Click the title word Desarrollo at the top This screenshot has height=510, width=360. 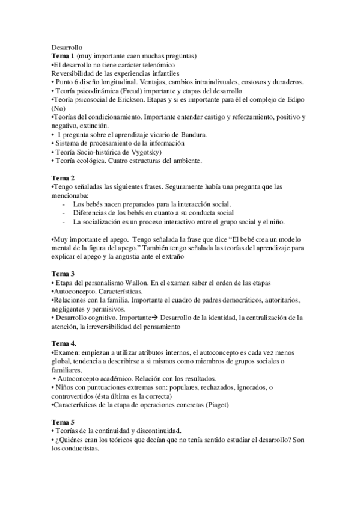point(66,47)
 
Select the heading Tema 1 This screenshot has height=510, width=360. point(64,56)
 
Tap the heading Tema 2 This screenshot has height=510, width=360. point(64,179)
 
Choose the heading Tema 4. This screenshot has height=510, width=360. point(64,343)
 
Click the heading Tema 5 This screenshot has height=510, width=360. point(64,422)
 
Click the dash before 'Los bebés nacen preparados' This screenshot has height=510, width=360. point(64,204)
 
